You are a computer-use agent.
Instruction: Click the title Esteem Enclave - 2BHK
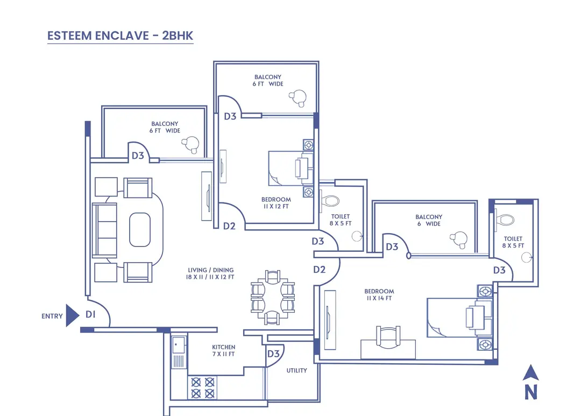[120, 36]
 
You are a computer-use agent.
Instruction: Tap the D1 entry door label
[90, 315]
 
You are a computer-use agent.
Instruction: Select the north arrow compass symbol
[530, 382]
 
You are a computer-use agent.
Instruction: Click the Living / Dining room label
[210, 273]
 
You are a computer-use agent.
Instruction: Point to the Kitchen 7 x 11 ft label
[223, 350]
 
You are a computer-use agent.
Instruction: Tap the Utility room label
[296, 370]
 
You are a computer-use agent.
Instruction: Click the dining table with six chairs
[273, 297]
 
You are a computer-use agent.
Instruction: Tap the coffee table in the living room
[140, 230]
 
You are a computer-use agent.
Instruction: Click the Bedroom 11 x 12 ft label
[276, 203]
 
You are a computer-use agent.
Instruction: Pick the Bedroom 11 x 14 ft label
[379, 294]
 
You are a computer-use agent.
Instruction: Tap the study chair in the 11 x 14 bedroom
[388, 337]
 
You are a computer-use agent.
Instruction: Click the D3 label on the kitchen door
[273, 354]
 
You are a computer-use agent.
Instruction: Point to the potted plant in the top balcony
[297, 97]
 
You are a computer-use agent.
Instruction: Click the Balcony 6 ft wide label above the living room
[165, 127]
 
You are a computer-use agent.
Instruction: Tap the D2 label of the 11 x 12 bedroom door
[230, 226]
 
